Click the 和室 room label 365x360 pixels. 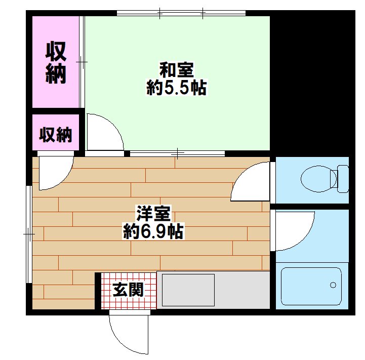coord(176,70)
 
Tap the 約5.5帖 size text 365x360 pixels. coord(176,89)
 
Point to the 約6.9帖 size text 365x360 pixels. coord(153,232)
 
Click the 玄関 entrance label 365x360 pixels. coord(128,290)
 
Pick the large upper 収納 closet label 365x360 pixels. coord(56,62)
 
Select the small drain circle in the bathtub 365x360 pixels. coord(333,285)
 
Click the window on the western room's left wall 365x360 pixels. coord(29,234)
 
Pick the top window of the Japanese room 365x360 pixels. coord(181,13)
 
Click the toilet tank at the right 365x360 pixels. coord(340,179)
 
